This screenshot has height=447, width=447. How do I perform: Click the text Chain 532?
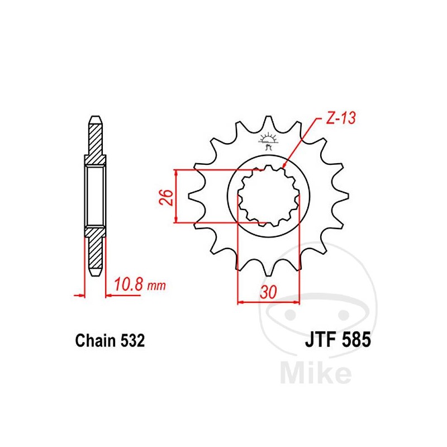click(x=110, y=340)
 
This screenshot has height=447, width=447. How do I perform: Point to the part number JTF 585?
click(x=337, y=340)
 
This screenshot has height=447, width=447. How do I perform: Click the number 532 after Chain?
click(x=134, y=340)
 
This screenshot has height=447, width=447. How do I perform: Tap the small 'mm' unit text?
click(x=158, y=286)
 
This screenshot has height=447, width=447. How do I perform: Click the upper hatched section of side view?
click(x=94, y=142)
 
